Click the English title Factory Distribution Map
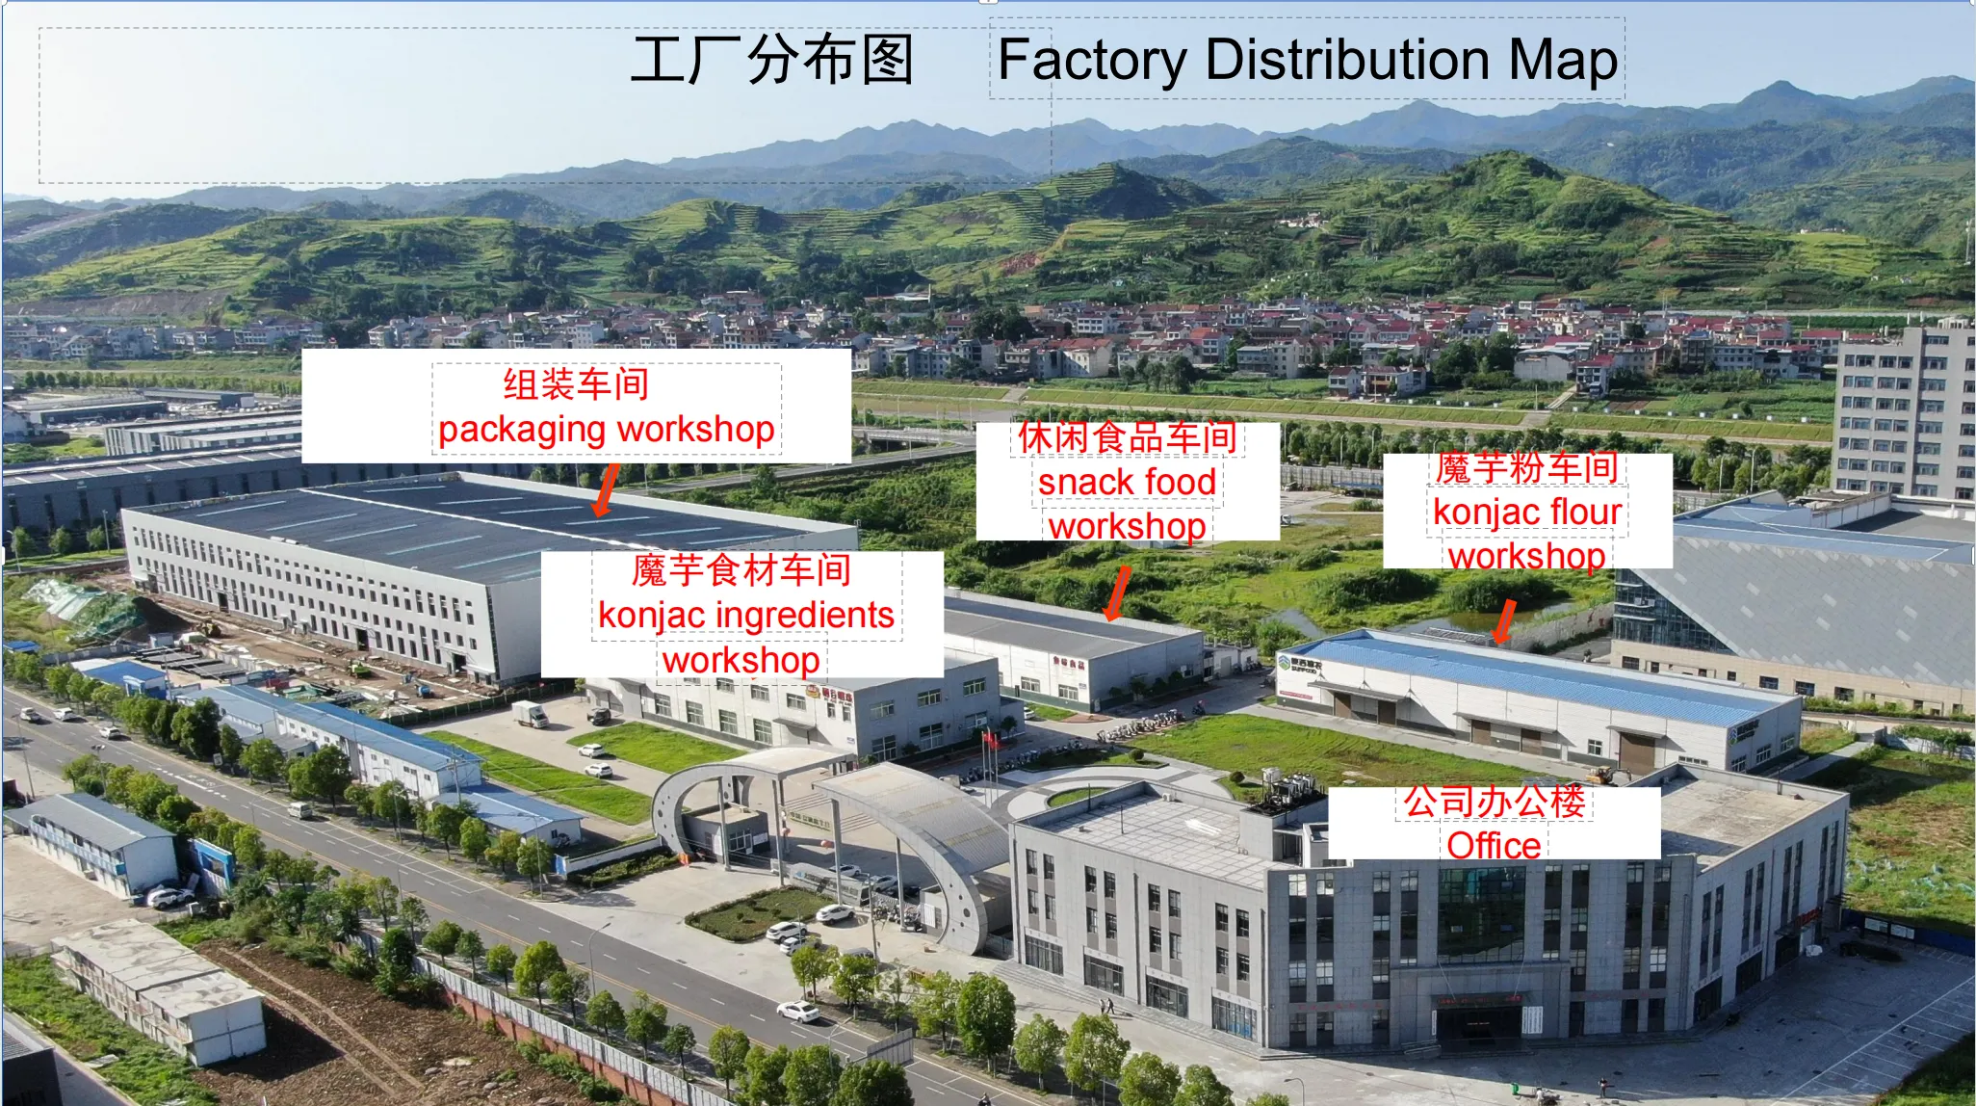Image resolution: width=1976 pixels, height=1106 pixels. (x=1307, y=61)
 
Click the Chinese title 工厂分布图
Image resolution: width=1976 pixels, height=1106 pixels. (x=772, y=60)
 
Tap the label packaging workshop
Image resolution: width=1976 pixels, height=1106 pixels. (x=607, y=430)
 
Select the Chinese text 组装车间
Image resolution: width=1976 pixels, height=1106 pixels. (x=576, y=384)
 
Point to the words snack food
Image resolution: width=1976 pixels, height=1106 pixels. (x=1127, y=482)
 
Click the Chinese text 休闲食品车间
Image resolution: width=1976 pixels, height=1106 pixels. (x=1127, y=437)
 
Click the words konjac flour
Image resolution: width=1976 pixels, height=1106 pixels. (x=1527, y=512)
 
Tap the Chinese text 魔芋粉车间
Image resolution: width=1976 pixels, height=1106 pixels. (x=1526, y=467)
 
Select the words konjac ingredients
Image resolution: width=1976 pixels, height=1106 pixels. (x=746, y=616)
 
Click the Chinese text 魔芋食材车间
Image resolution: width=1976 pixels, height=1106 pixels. (x=741, y=570)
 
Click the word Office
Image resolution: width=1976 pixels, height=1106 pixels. (x=1494, y=845)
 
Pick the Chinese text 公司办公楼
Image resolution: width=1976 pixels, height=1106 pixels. (x=1494, y=802)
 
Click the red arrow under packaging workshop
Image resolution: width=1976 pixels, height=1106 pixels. (x=606, y=490)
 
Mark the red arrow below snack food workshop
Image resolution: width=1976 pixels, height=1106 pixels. (x=1117, y=593)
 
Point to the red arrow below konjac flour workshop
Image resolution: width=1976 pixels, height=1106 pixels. (x=1503, y=621)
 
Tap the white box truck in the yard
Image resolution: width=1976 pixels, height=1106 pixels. (x=530, y=714)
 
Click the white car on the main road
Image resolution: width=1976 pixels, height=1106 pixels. (x=798, y=1012)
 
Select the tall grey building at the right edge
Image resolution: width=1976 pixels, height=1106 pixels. (x=1904, y=414)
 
